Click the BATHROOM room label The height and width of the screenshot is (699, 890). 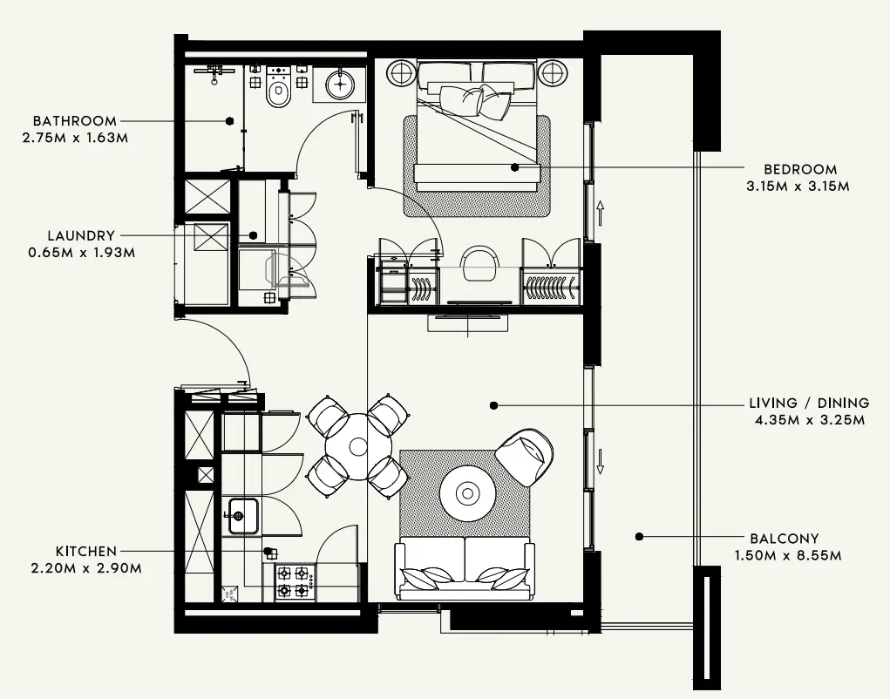coord(74,121)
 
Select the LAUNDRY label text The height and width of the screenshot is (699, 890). coord(82,235)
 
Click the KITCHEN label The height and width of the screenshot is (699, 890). coord(86,552)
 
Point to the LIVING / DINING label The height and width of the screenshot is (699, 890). coord(809,404)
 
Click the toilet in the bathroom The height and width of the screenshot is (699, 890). coord(279,91)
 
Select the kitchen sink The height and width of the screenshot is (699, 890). coord(242,515)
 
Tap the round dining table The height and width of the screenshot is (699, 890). coord(357,446)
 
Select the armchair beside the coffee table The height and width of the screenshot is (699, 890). coord(525,456)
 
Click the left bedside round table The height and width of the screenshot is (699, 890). coord(403,72)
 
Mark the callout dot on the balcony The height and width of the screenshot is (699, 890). coord(639,537)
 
